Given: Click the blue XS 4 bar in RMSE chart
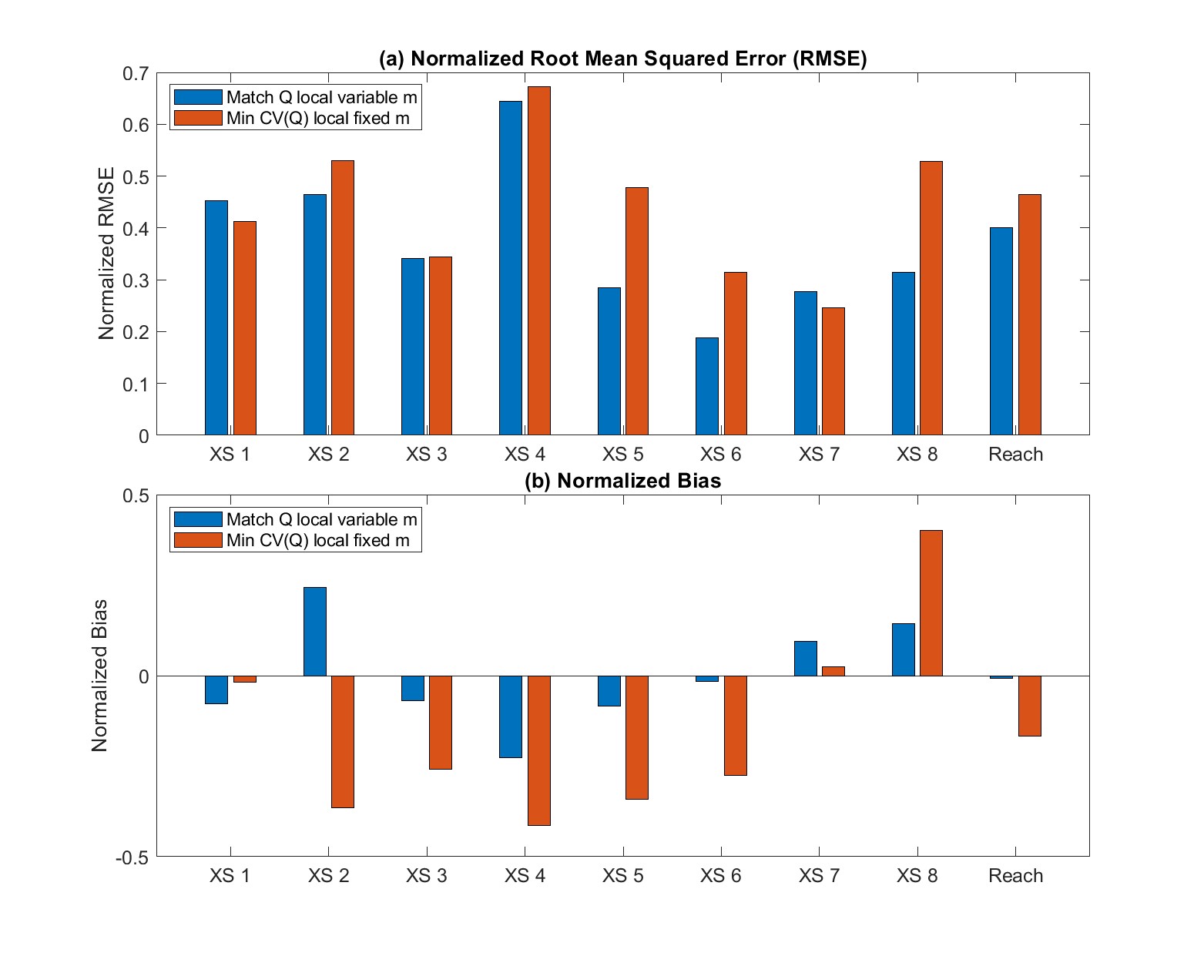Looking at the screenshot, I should pyautogui.click(x=511, y=268).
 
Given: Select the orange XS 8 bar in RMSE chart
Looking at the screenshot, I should pyautogui.click(x=931, y=298).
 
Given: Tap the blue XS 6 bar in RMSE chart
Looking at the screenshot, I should pyautogui.click(x=707, y=386).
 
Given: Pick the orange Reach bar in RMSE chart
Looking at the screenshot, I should pyautogui.click(x=1029, y=314).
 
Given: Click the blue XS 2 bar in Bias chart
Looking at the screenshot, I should pyautogui.click(x=315, y=632).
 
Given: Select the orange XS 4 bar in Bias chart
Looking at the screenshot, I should pyautogui.click(x=538, y=750).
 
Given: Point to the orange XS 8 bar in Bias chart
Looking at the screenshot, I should pyautogui.click(x=931, y=603).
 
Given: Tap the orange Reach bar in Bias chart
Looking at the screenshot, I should pyautogui.click(x=1029, y=706).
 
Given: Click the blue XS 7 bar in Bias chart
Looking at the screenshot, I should pyautogui.click(x=805, y=659).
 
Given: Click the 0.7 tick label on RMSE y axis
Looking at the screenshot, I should pyautogui.click(x=136, y=74).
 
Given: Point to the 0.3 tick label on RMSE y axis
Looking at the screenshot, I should pyautogui.click(x=136, y=280).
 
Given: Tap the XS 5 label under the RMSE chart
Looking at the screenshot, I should pyautogui.click(x=622, y=455).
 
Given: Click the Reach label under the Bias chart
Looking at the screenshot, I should pyautogui.click(x=1015, y=876).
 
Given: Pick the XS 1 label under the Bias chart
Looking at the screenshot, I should pyautogui.click(x=230, y=876).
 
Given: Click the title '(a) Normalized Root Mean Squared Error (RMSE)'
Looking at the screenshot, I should pyautogui.click(x=622, y=59).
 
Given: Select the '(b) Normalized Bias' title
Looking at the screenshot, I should pyautogui.click(x=622, y=481).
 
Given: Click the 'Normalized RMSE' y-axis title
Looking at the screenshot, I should pyautogui.click(x=106, y=253).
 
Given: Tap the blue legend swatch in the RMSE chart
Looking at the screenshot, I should pyautogui.click(x=198, y=97).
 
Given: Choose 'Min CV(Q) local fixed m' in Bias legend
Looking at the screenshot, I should pyautogui.click(x=317, y=541).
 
